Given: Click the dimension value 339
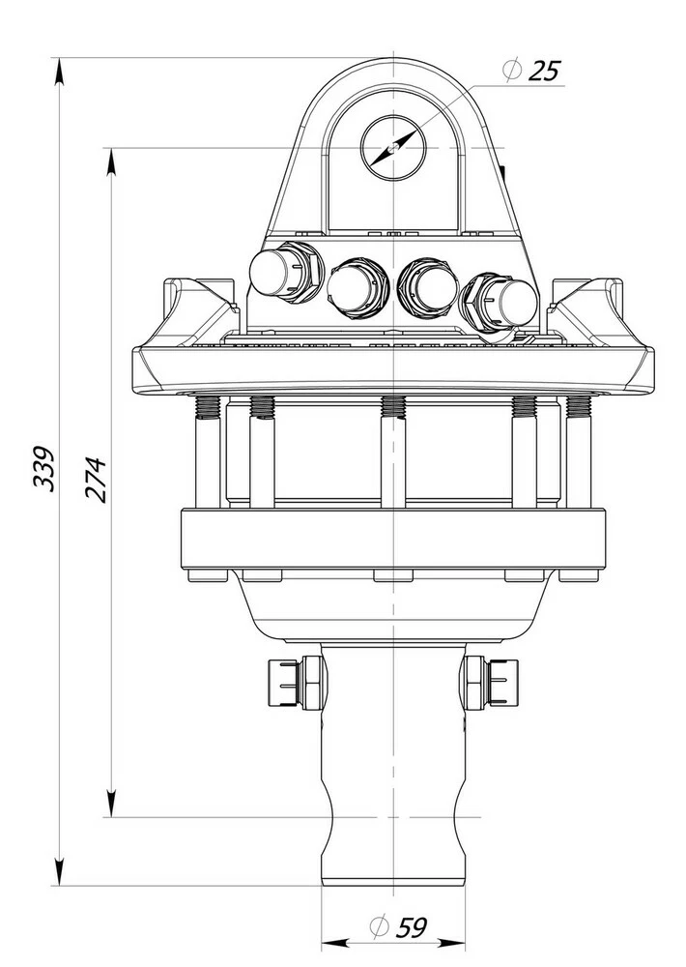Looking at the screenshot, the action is coord(43,468).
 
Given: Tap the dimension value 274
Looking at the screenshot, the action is coord(96,481).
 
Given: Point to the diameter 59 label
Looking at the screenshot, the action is coord(398,927).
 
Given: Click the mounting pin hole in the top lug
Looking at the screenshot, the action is coord(393,148).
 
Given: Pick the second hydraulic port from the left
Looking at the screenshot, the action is coord(357,287).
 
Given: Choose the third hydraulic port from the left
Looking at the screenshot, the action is coord(429,287).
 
